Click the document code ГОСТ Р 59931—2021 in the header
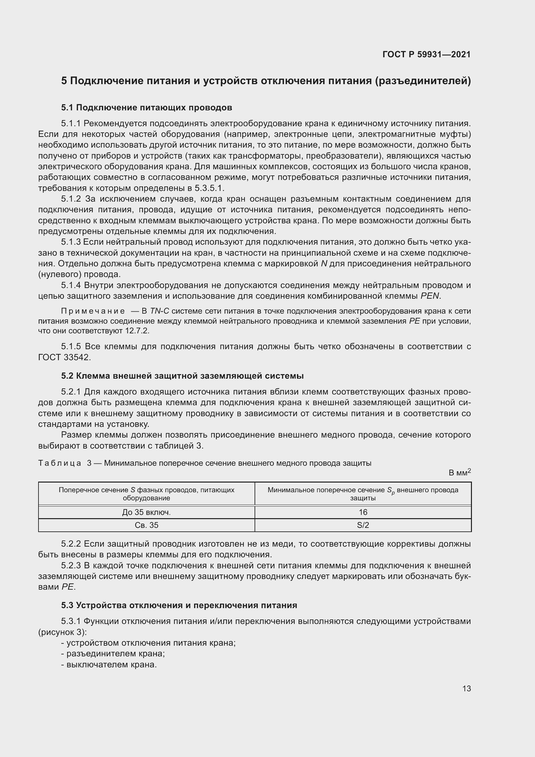(426, 54)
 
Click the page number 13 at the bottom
(466, 688)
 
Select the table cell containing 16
(363, 512)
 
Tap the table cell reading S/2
(363, 525)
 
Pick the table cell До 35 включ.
(146, 512)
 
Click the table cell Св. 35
(146, 525)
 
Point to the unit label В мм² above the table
(459, 473)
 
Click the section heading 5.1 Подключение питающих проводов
(146, 107)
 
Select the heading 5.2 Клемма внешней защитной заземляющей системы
(182, 376)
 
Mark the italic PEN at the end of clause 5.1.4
(430, 296)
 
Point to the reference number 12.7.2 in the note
(137, 331)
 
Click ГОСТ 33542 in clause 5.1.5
(64, 357)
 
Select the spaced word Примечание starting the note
(93, 311)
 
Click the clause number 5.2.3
(71, 566)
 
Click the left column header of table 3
(146, 494)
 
